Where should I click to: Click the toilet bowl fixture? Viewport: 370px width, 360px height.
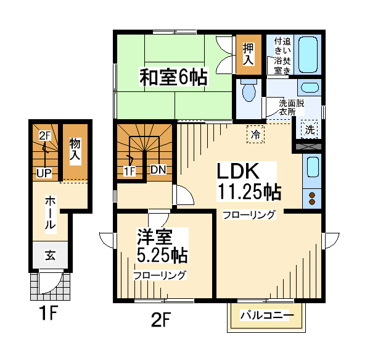click(x=249, y=90)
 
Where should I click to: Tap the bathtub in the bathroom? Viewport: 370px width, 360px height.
click(x=308, y=54)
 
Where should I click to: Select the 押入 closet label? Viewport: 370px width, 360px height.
click(x=249, y=54)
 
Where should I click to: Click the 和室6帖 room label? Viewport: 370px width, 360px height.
click(x=174, y=77)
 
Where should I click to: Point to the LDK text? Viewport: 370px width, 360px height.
click(x=238, y=171)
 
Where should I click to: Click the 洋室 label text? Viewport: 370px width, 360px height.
click(x=155, y=237)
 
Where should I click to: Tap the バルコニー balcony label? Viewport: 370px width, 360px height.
click(x=267, y=316)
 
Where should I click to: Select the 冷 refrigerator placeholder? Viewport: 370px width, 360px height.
click(x=255, y=134)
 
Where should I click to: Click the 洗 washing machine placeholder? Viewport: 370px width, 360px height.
click(x=310, y=130)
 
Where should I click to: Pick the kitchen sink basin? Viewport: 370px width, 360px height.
click(x=312, y=167)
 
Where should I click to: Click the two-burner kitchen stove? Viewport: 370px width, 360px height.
click(x=312, y=199)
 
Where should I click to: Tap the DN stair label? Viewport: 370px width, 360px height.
click(x=158, y=170)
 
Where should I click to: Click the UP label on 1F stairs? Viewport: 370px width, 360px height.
click(x=44, y=174)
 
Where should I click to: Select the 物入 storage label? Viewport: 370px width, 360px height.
click(x=75, y=150)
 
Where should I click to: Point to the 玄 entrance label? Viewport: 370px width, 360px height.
click(x=51, y=256)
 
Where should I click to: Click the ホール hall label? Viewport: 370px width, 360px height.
click(x=51, y=213)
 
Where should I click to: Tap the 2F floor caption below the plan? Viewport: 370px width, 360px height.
click(x=161, y=319)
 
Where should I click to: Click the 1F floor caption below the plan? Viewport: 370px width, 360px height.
click(x=48, y=313)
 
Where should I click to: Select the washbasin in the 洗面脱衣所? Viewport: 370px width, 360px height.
click(x=310, y=88)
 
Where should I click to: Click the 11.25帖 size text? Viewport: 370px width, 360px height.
click(x=249, y=192)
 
